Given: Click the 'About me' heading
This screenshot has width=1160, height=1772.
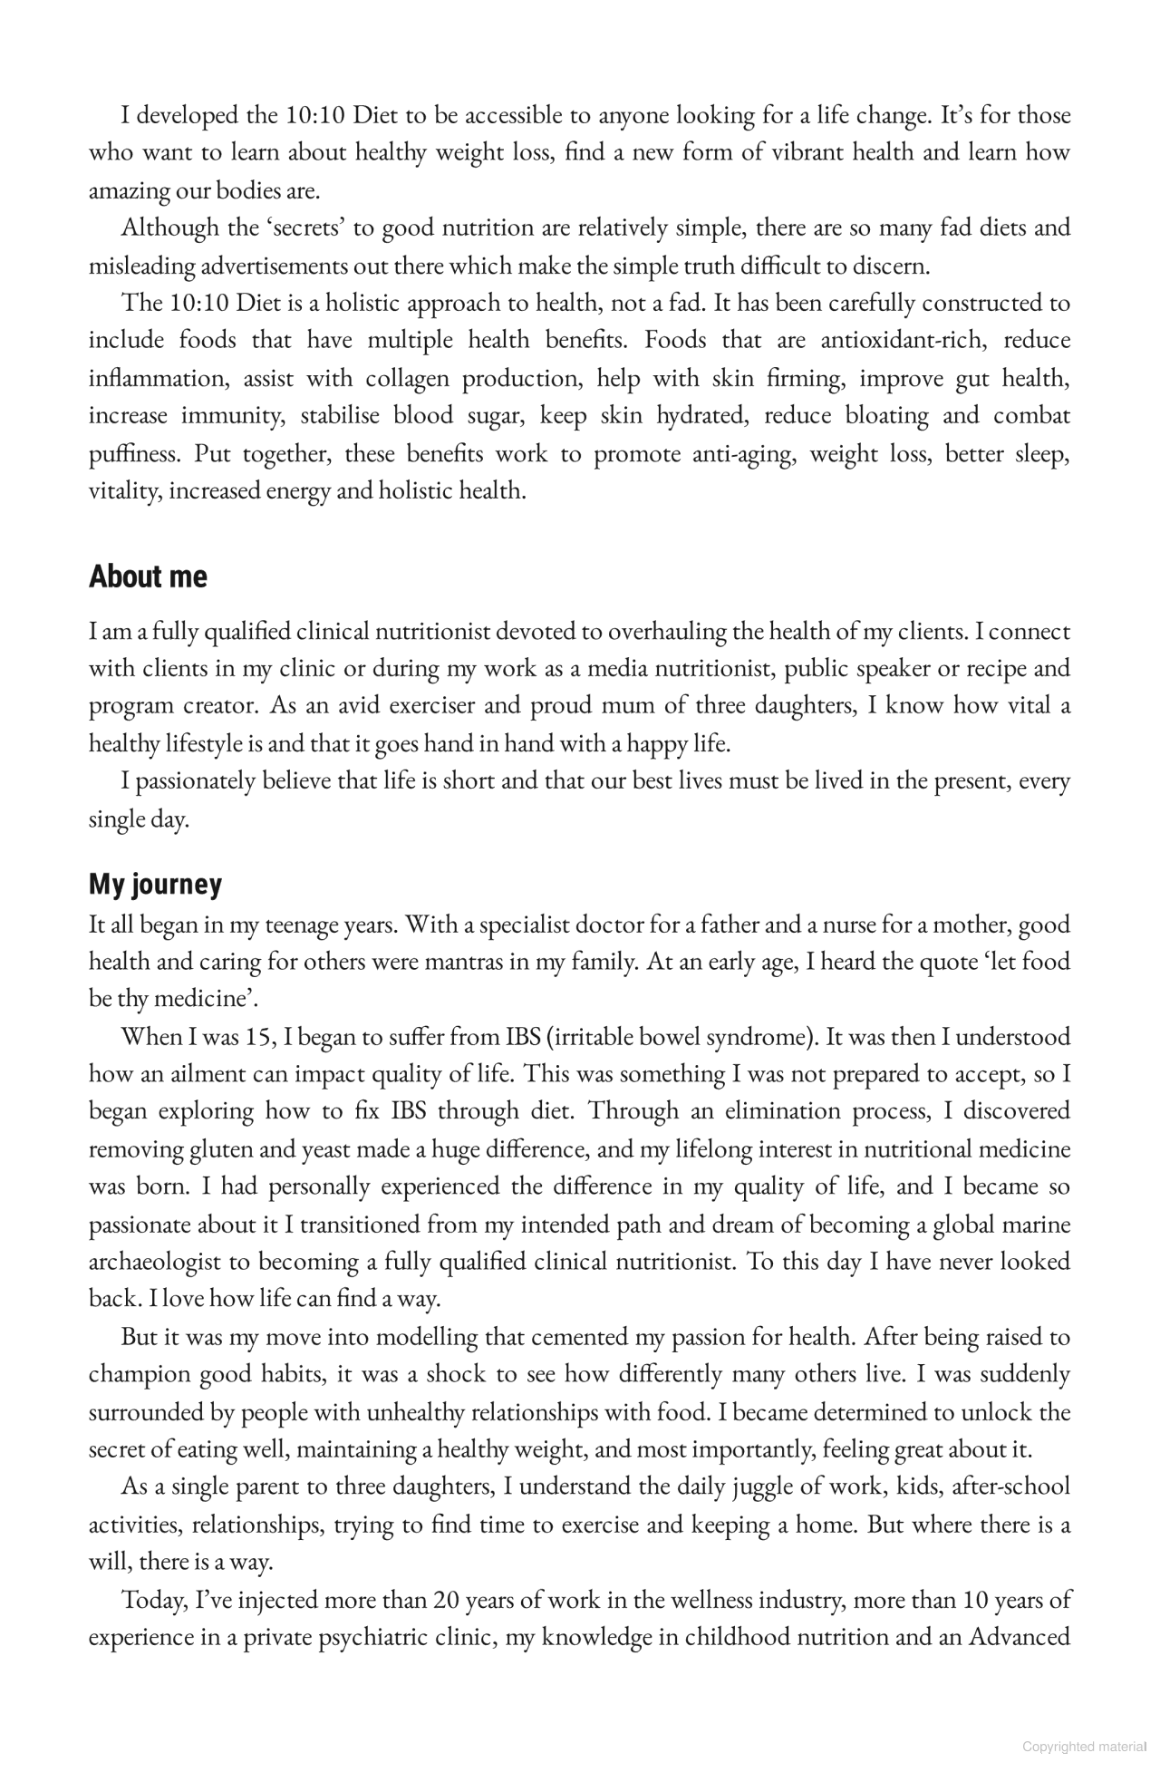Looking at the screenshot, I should tap(148, 576).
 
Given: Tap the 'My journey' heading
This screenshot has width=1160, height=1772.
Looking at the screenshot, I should tap(155, 885).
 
